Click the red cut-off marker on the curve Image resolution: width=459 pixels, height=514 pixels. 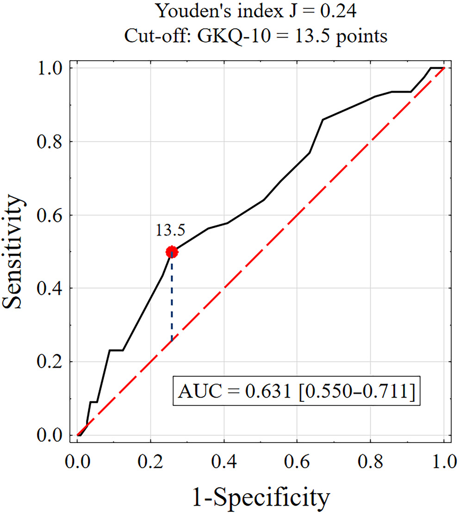coord(172,252)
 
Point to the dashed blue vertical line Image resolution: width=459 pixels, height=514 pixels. coord(172,301)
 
